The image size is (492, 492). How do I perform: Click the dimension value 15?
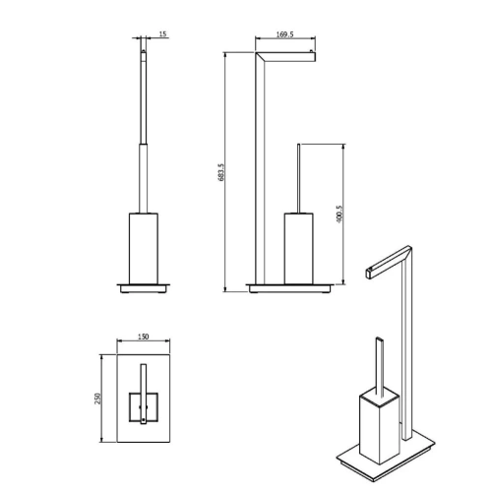coord(162,34)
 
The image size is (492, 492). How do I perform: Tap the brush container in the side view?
coord(297,247)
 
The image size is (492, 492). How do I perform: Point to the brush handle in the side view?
coord(296,177)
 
